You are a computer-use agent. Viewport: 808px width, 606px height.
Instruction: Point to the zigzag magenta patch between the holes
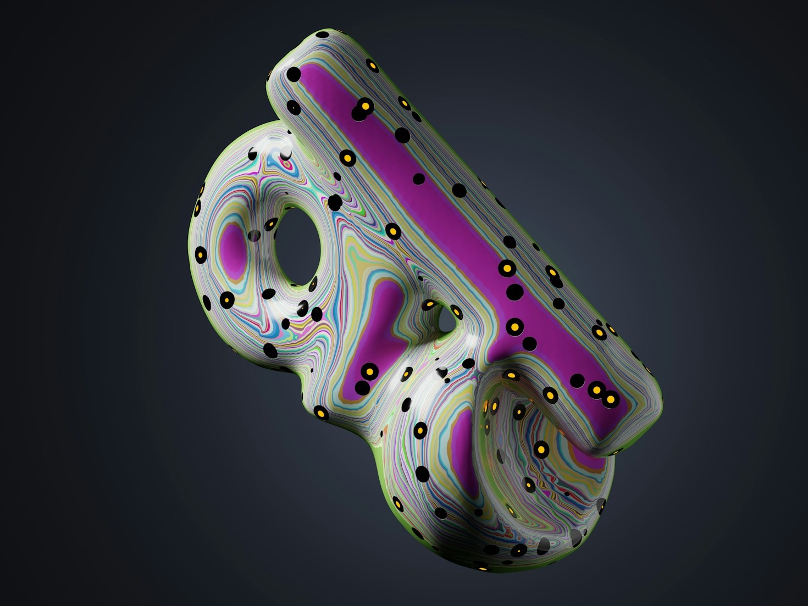tap(379, 335)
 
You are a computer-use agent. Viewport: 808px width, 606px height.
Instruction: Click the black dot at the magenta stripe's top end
tap(295, 74)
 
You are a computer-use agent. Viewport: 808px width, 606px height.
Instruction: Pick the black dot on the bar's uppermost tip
tap(323, 34)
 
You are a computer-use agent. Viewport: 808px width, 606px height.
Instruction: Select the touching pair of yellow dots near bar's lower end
tap(603, 394)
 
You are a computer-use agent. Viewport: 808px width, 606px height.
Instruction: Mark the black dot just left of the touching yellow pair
tap(577, 381)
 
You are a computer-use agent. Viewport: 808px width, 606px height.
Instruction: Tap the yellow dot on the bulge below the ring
tap(321, 413)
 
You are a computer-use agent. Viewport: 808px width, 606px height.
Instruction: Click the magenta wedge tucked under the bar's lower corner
tap(583, 456)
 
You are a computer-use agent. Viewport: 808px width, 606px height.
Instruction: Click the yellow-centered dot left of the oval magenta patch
tap(201, 255)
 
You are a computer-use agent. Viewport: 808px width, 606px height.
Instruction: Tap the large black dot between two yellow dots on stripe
tap(514, 292)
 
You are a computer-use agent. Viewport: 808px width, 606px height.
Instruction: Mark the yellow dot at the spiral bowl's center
tap(541, 450)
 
